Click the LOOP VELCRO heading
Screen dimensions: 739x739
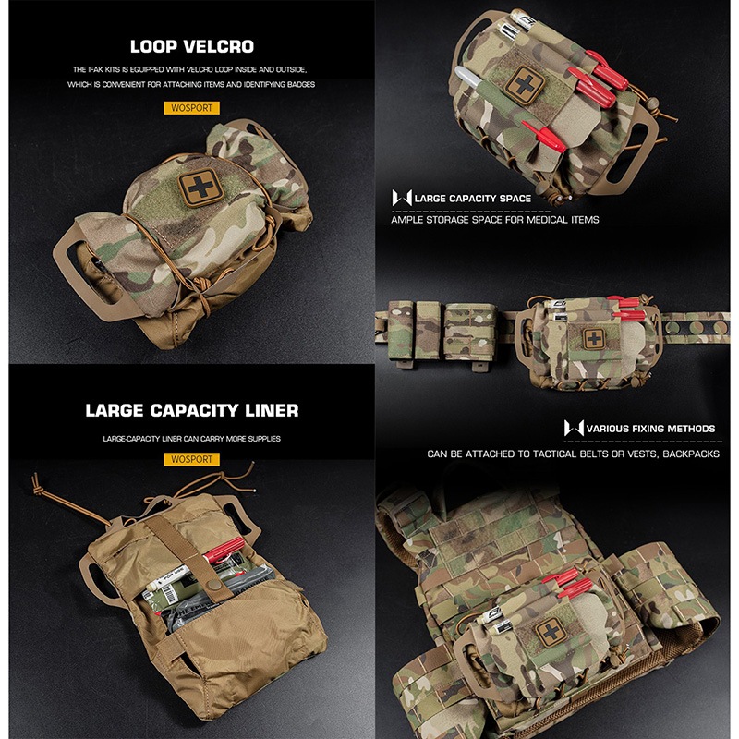click(192, 47)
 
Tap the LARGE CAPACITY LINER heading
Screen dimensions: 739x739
click(192, 410)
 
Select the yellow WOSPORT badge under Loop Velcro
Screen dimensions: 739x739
click(192, 108)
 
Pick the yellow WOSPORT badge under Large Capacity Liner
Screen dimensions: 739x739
click(192, 459)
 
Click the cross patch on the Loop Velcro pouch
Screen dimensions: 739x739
click(200, 188)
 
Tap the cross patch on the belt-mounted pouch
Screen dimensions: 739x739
click(595, 338)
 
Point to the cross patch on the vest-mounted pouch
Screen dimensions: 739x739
click(551, 632)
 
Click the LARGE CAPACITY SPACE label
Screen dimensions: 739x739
click(473, 199)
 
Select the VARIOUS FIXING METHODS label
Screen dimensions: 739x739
click(651, 429)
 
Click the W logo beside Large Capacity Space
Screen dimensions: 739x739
click(402, 198)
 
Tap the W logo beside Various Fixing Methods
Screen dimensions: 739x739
click(574, 428)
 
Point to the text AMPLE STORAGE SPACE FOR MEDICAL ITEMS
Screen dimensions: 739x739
click(495, 220)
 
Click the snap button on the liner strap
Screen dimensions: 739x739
click(215, 586)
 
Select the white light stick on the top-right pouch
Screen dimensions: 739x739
click(468, 78)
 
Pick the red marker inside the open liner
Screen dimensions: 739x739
click(224, 550)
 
